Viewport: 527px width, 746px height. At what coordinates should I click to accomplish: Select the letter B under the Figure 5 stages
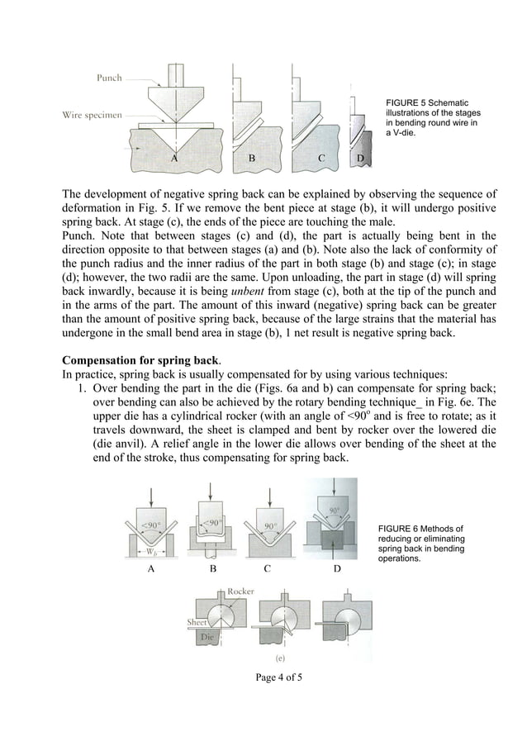pos(252,157)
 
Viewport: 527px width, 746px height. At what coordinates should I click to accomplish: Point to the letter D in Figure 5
pos(360,157)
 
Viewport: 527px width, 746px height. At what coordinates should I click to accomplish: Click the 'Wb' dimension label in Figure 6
pos(150,551)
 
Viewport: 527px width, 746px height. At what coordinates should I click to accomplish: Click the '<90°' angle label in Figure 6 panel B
pos(213,523)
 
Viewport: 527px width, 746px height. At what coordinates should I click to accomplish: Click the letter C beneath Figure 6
pos(267,569)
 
